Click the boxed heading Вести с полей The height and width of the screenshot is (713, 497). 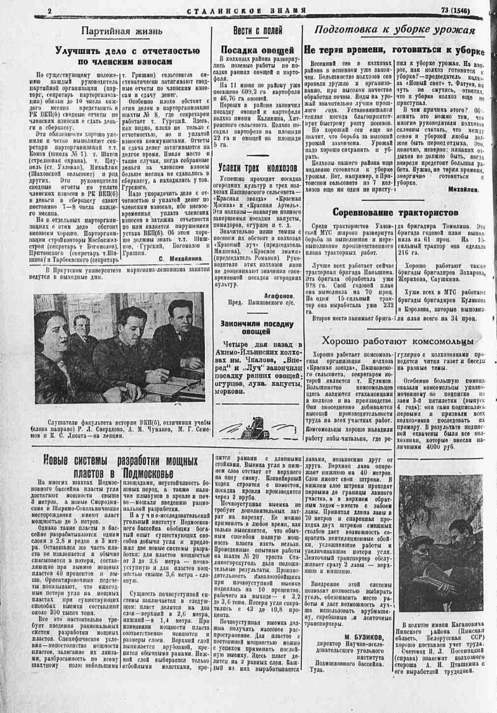(257, 30)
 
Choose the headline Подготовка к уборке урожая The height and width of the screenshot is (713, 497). (394, 30)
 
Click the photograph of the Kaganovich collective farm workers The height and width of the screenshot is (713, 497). (440, 543)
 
